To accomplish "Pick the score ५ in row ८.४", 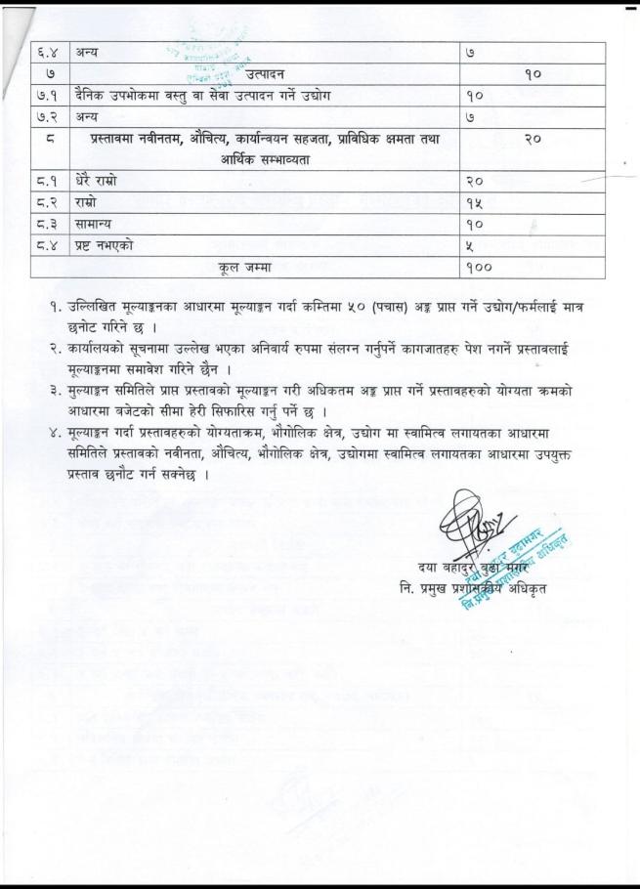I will pos(471,246).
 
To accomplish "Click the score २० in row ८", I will pos(533,139).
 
